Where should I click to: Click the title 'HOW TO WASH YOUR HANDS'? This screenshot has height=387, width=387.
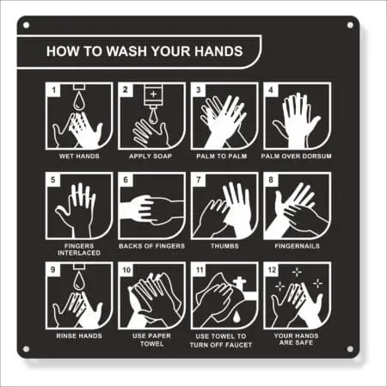tap(142, 51)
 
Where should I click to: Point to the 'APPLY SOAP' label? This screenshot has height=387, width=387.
tap(150, 157)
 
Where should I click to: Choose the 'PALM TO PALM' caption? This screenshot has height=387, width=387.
tap(224, 157)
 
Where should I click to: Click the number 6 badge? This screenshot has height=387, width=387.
tap(125, 180)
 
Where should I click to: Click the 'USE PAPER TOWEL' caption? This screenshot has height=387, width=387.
tap(150, 341)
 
